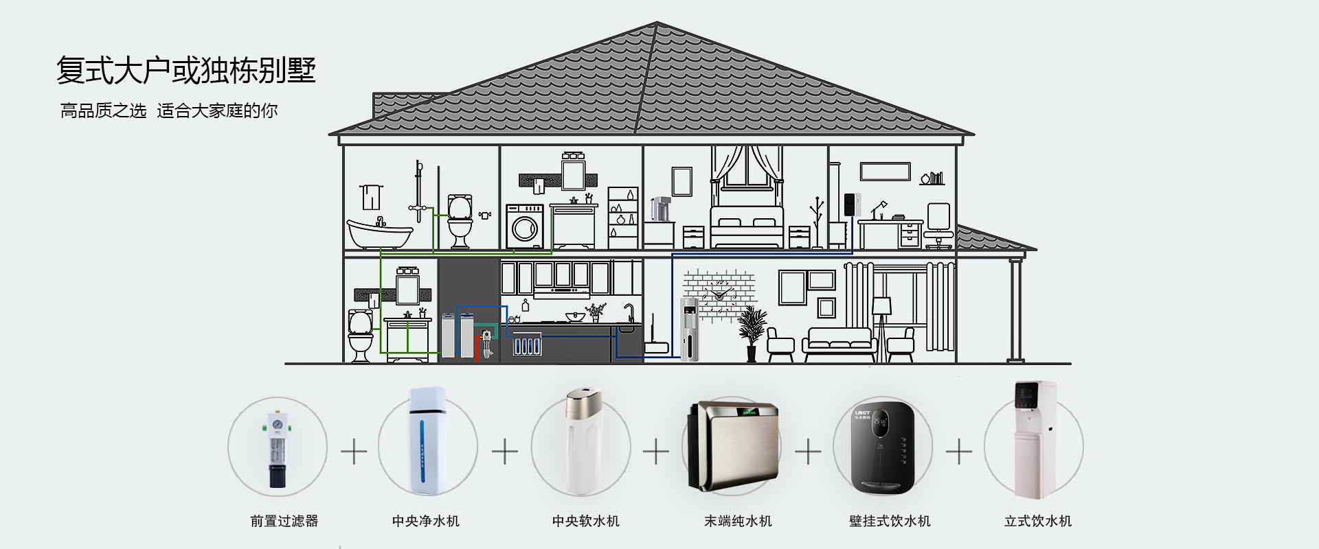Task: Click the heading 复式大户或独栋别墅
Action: pyautogui.click(x=185, y=70)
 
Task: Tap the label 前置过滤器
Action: pyautogui.click(x=284, y=522)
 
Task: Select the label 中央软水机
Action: pyautogui.click(x=586, y=522)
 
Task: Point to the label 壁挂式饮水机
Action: pyautogui.click(x=890, y=522)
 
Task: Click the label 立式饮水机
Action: pyautogui.click(x=1038, y=522)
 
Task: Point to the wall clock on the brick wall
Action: pyautogui.click(x=720, y=294)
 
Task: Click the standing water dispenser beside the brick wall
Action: pyautogui.click(x=690, y=329)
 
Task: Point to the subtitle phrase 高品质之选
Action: pyautogui.click(x=103, y=111)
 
